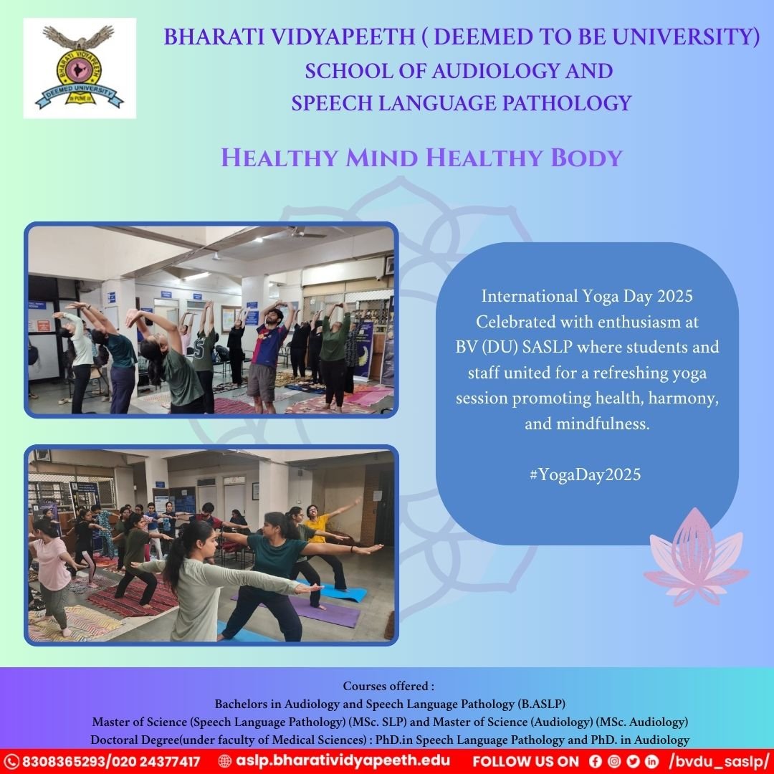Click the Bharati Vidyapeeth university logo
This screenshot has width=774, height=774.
click(79, 68)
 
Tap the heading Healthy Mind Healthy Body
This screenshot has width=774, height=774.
click(421, 157)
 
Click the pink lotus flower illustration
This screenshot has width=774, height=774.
click(694, 557)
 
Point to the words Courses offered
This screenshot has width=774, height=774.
click(388, 686)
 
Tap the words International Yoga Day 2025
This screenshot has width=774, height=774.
click(587, 295)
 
